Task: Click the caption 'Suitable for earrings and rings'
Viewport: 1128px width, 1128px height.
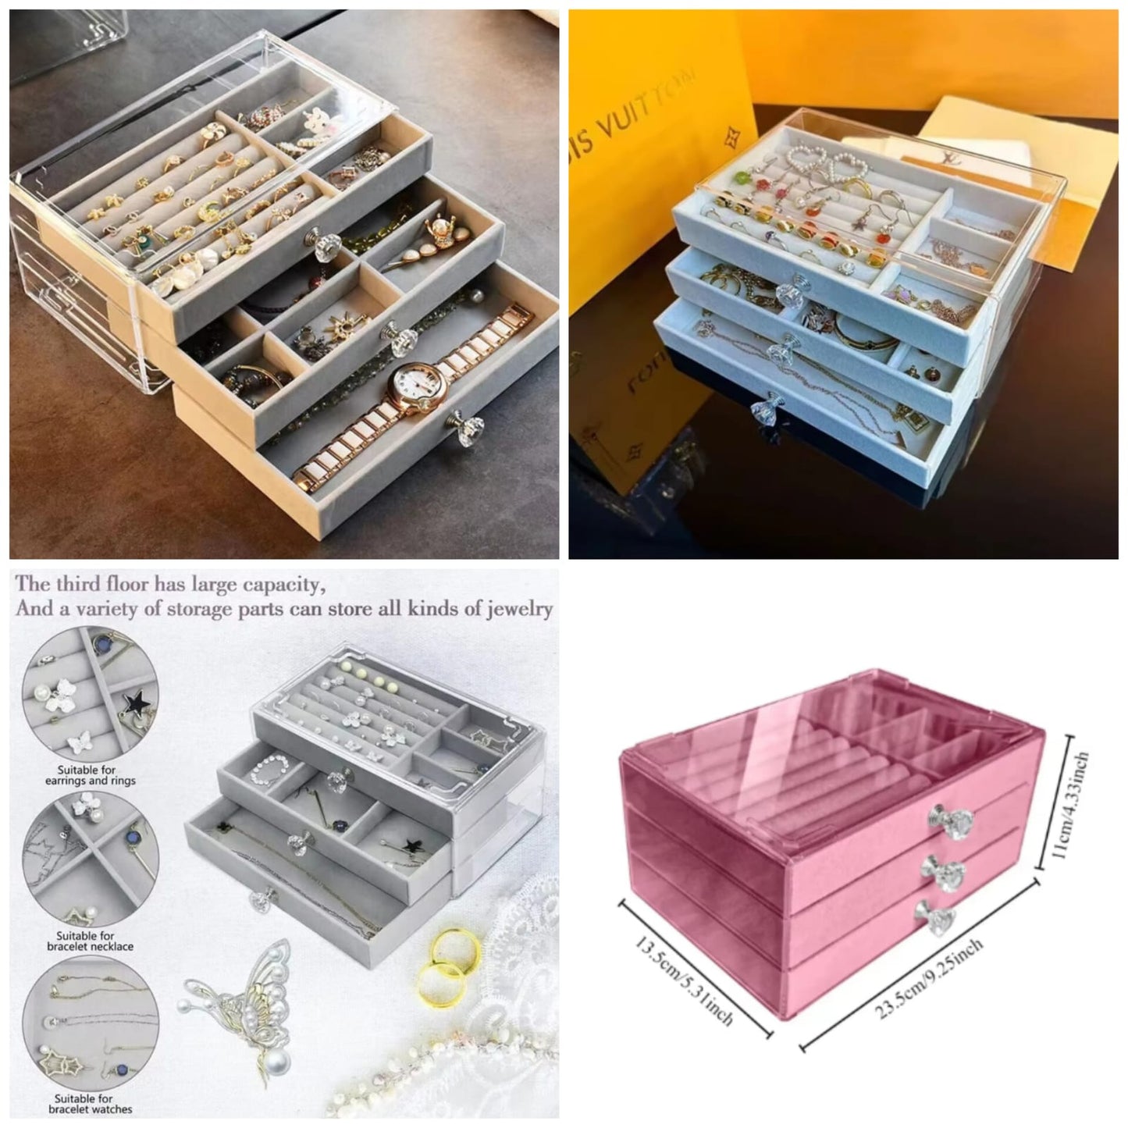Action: point(90,775)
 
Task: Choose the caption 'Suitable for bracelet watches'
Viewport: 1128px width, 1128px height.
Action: point(91,1104)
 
